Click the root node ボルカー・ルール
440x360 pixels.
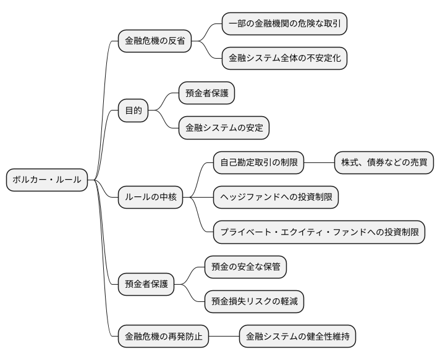47,180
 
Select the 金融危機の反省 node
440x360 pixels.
154,41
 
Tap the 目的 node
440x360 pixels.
133,111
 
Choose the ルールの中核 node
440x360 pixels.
150,197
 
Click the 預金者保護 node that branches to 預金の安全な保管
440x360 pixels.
146,284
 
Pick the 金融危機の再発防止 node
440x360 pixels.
163,337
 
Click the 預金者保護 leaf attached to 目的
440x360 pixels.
206,93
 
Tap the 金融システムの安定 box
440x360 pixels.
224,128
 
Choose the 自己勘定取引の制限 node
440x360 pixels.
258,163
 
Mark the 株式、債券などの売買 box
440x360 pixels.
383,163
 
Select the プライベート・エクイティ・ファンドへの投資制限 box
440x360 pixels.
319,232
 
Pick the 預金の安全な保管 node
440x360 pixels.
245,267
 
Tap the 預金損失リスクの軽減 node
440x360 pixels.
254,301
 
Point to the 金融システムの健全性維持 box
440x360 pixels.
297,337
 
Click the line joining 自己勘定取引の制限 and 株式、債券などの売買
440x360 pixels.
319,163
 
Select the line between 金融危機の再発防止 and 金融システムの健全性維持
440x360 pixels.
224,337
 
